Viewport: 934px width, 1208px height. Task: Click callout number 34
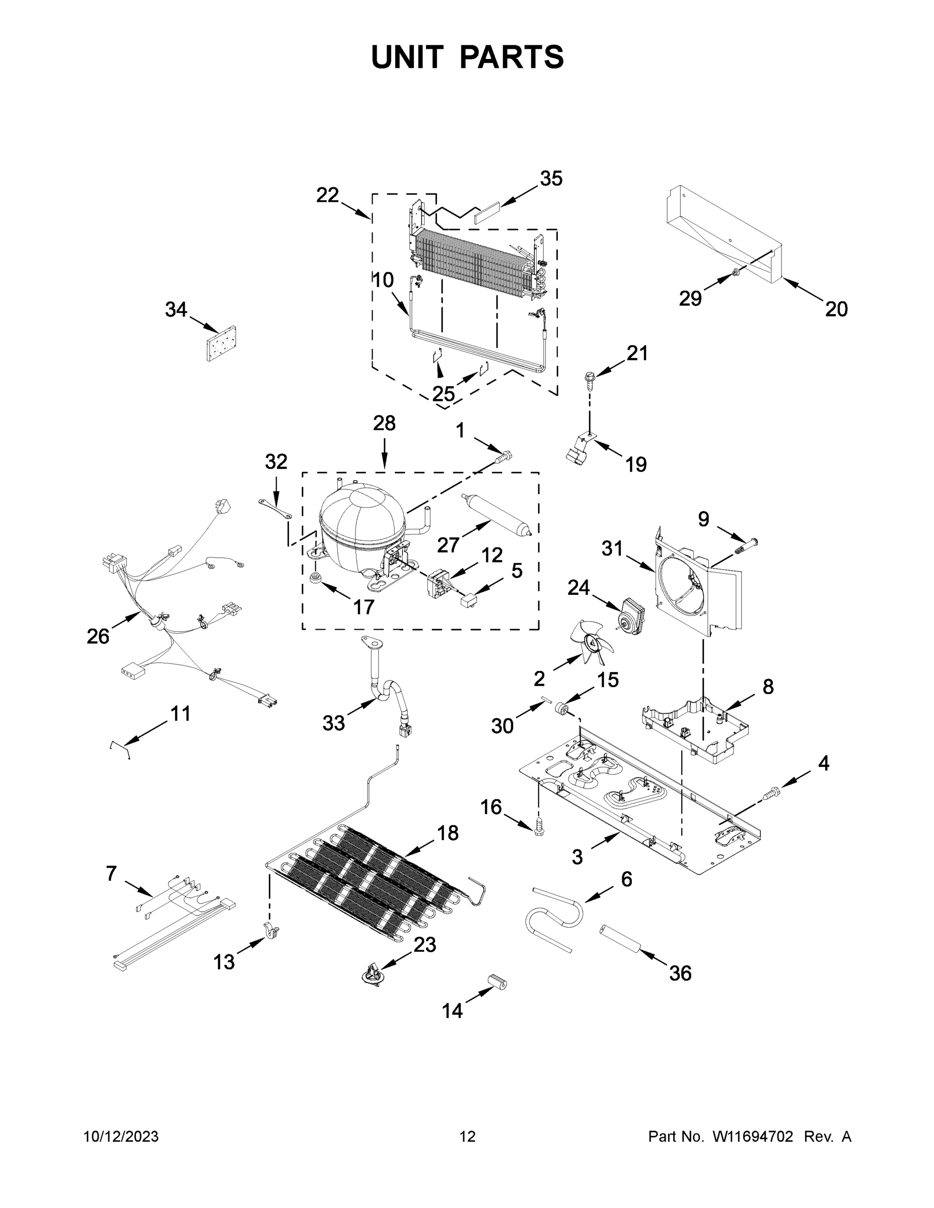point(176,310)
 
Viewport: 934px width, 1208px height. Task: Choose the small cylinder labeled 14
point(496,983)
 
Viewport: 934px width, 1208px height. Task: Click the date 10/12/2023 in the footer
point(121,1137)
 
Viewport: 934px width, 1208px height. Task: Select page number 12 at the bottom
point(468,1137)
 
